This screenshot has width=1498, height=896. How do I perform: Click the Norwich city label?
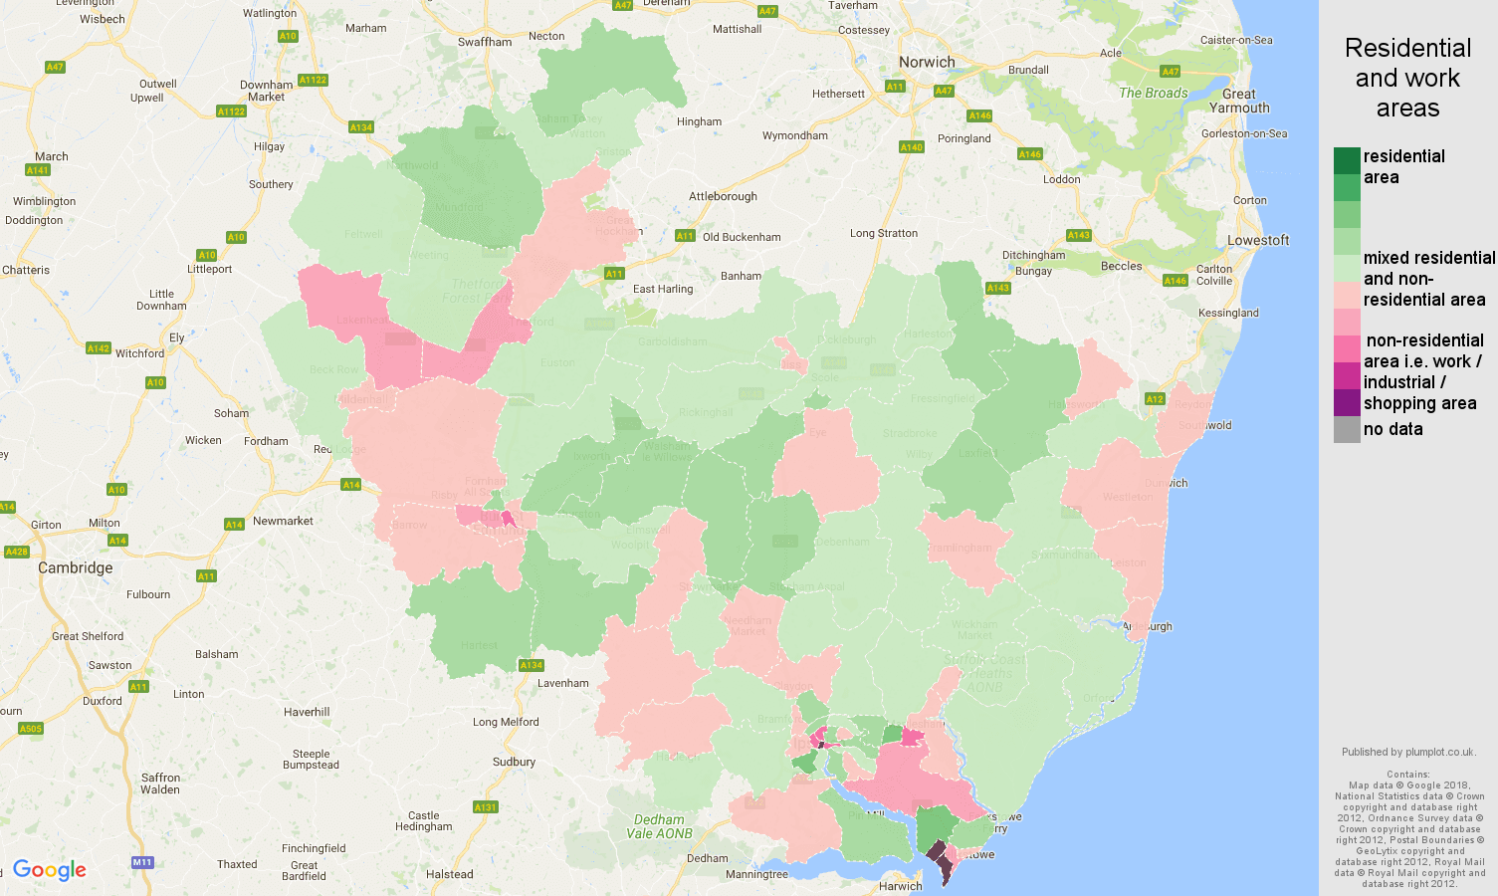[x=926, y=62]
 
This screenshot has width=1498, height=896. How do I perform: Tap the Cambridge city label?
[x=75, y=567]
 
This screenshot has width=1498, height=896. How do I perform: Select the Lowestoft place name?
[x=1257, y=240]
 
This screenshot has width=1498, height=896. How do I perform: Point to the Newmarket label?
[x=283, y=521]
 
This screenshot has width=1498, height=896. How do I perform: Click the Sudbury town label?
[x=514, y=762]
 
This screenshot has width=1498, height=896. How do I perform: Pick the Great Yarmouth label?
[x=1239, y=101]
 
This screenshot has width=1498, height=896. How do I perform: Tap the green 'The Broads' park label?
[x=1153, y=93]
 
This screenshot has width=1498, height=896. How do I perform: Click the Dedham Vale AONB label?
[x=659, y=826]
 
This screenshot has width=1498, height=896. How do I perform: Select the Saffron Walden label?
[x=160, y=784]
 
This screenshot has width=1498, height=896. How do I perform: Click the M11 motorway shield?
[x=142, y=862]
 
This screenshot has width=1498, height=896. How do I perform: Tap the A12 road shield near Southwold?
[x=1155, y=399]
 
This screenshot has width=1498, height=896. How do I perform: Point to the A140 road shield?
[x=911, y=147]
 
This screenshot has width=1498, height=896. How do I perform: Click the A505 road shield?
[x=31, y=729]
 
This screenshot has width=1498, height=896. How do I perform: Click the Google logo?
[x=50, y=870]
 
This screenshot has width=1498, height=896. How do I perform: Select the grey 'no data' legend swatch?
[x=1347, y=429]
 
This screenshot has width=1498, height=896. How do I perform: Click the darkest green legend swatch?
[x=1347, y=160]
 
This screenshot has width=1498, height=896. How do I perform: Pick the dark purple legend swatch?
[x=1347, y=402]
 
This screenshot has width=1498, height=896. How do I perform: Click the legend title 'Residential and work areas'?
[x=1407, y=78]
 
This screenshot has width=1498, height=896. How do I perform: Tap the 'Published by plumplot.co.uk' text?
[x=1407, y=752]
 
